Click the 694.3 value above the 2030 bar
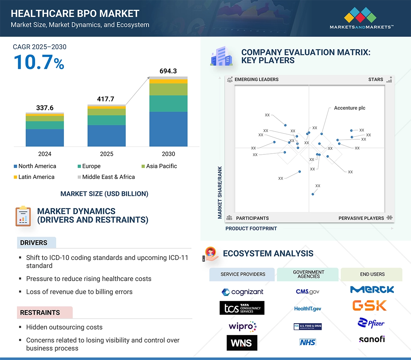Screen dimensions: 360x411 (168, 71)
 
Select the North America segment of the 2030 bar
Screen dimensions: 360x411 (168, 129)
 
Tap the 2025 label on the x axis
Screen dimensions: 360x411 (106, 154)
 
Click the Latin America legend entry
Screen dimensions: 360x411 (34, 177)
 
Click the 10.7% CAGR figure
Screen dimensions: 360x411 (39, 62)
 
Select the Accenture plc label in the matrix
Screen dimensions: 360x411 (349, 108)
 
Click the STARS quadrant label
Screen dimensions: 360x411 (376, 79)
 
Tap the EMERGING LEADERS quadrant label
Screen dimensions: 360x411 (256, 79)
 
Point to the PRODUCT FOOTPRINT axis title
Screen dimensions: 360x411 (251, 228)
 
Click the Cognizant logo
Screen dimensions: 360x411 (242, 292)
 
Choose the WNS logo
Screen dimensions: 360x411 (242, 343)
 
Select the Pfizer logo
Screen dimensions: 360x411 (371, 323)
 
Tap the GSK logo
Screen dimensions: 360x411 (370, 305)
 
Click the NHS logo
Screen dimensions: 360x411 (307, 342)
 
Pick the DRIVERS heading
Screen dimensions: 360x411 (34, 243)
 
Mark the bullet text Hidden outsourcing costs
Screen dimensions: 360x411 (64, 327)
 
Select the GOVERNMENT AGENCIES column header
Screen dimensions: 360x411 (308, 274)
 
